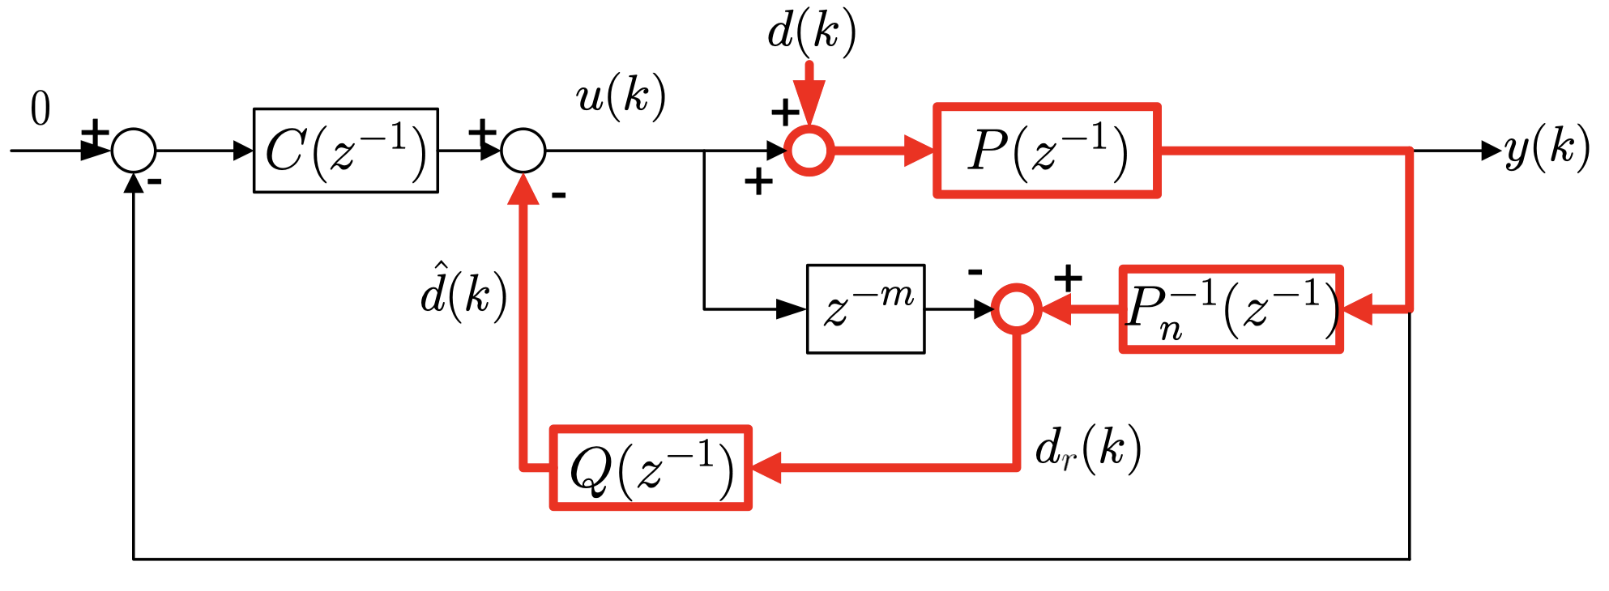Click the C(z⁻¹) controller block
[346, 151]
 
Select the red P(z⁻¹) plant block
[1047, 151]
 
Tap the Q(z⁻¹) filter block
[651, 468]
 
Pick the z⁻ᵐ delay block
[865, 308]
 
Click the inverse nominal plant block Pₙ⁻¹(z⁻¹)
[1231, 309]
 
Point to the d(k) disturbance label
[811, 32]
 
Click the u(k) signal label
[621, 97]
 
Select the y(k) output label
[1547, 149]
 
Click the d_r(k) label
[1088, 449]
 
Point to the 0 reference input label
[41, 108]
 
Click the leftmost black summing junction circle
[134, 151]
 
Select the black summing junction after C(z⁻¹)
[523, 151]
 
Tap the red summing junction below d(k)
[809, 151]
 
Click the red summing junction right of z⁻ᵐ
[1017, 308]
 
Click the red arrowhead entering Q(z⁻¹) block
[765, 468]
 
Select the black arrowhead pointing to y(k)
[1490, 151]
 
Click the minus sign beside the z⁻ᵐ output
[975, 272]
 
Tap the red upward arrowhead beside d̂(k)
[523, 191]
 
